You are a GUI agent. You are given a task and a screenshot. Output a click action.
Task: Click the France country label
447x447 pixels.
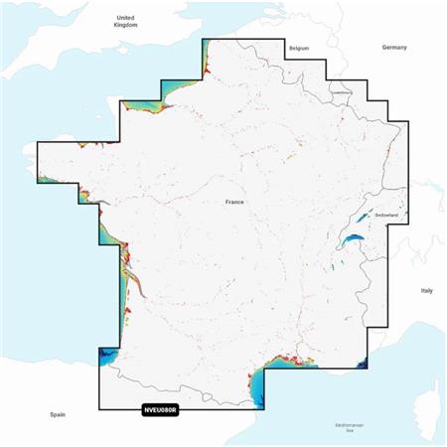click(234, 202)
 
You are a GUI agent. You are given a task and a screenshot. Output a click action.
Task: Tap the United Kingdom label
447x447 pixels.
click(125, 21)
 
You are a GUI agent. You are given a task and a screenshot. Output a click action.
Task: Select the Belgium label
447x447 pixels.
click(298, 48)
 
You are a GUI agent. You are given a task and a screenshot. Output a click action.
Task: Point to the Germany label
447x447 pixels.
click(395, 48)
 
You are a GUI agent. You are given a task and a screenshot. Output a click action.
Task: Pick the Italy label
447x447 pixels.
click(426, 290)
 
